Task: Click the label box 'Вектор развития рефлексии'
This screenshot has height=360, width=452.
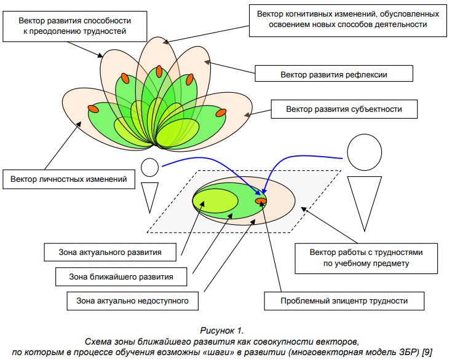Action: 334,74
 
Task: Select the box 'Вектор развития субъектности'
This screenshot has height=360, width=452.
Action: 344,109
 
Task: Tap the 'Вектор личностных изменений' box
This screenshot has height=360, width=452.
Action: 69,179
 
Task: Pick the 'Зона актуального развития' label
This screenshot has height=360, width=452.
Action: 110,252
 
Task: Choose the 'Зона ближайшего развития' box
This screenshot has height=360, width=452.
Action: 121,277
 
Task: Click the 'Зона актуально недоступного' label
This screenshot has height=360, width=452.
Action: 133,301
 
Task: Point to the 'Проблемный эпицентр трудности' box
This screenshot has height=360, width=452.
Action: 344,301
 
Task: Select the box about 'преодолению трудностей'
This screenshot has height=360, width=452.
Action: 75,26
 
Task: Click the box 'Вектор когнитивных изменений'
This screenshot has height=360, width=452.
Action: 348,20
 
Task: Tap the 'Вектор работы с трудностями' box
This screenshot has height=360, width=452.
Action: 366,259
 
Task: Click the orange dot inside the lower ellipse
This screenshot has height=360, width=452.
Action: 261,200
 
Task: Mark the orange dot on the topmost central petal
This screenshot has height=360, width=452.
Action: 159,71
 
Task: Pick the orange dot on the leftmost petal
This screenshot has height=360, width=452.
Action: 93,109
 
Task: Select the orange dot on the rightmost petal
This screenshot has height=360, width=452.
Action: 221,112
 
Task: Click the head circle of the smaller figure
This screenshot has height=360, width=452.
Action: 150,167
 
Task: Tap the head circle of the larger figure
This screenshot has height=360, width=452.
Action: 364,152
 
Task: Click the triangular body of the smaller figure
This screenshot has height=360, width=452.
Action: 150,195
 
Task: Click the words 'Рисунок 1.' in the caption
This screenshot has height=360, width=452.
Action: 222,331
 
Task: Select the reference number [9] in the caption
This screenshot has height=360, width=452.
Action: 427,352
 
